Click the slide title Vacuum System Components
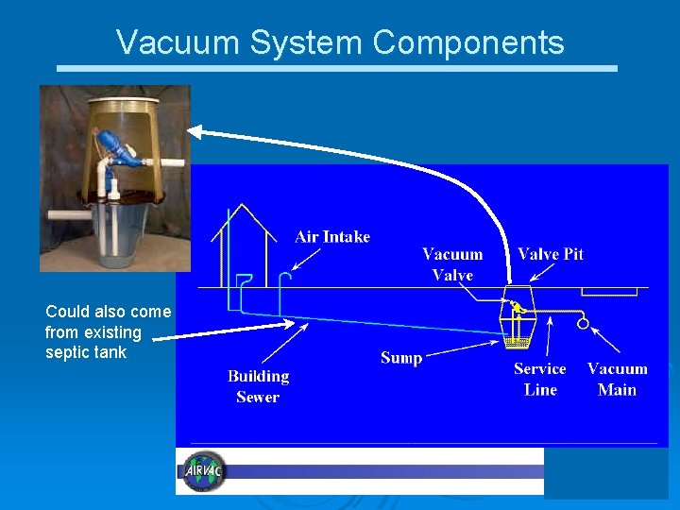click(340, 42)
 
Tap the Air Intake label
click(332, 237)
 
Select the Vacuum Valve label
click(452, 264)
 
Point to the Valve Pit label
click(551, 254)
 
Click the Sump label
click(401, 358)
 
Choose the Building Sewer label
click(258, 386)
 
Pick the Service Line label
click(540, 379)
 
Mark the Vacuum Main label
click(618, 379)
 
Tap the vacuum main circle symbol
click(583, 323)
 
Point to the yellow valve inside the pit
click(516, 307)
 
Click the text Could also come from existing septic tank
click(108, 332)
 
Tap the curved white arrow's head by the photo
click(197, 132)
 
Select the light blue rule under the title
click(337, 69)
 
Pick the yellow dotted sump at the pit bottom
click(516, 341)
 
